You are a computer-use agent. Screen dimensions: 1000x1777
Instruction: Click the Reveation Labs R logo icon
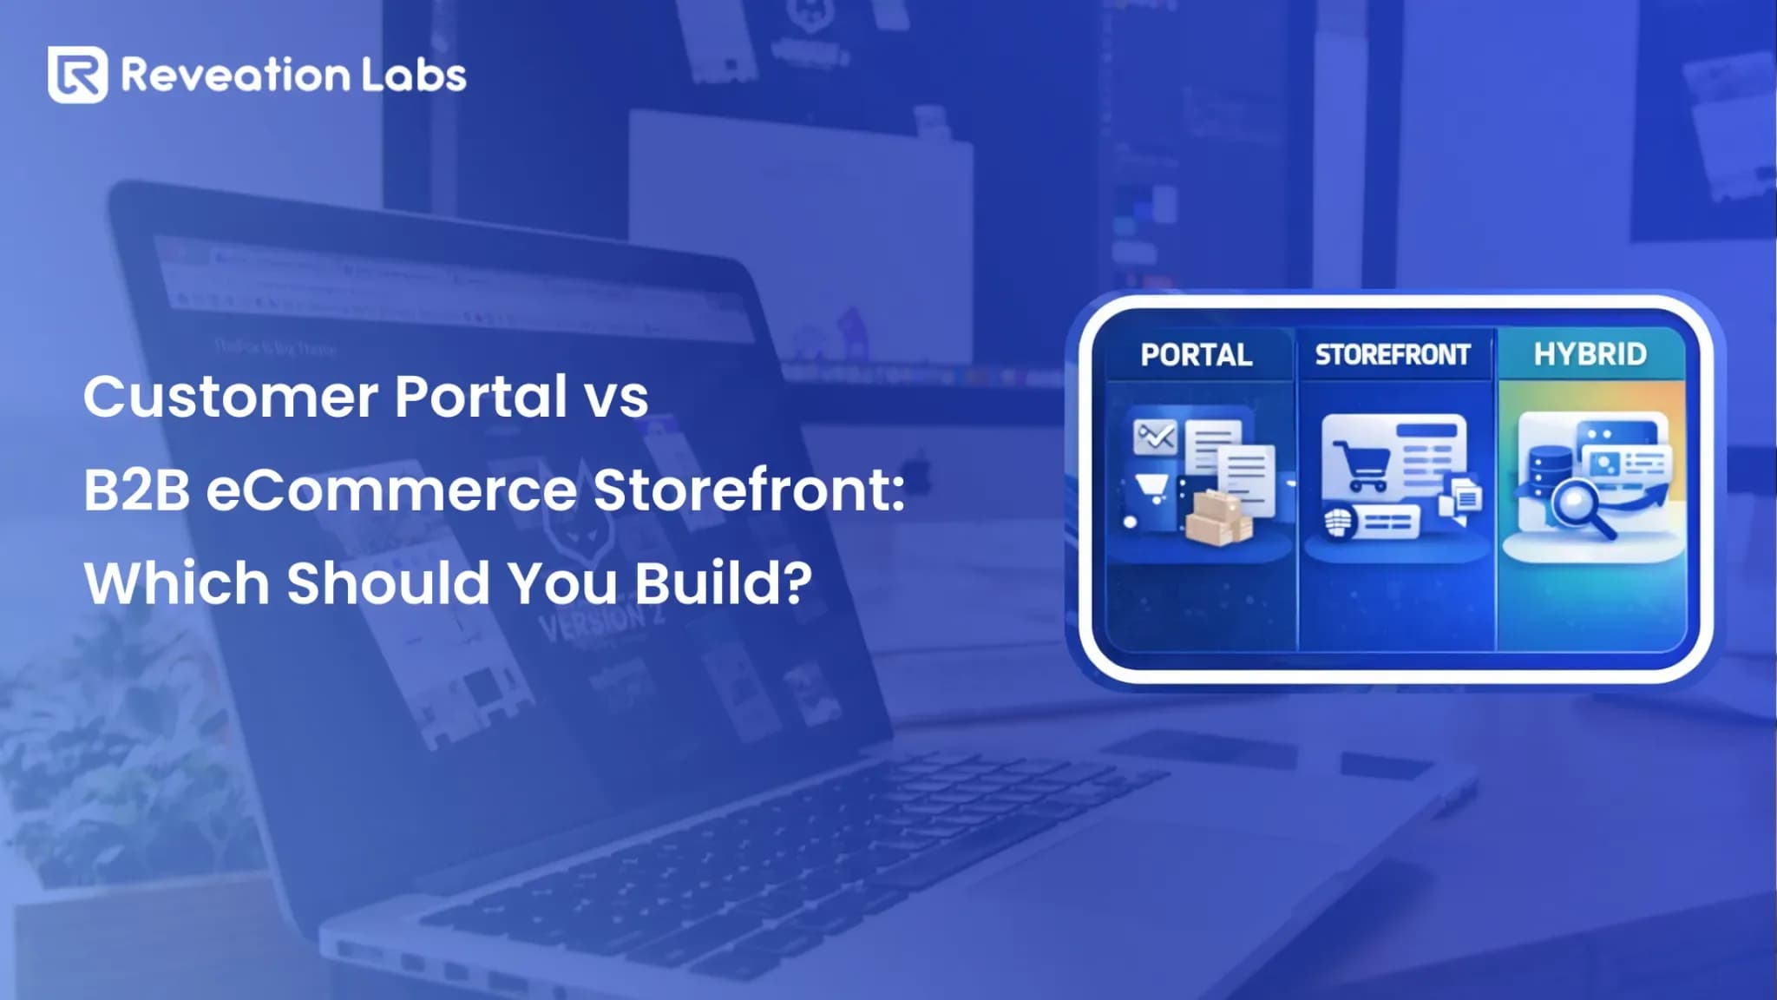click(78, 75)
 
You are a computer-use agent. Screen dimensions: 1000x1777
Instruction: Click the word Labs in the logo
click(414, 76)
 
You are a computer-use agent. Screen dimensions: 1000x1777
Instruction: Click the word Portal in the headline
click(481, 397)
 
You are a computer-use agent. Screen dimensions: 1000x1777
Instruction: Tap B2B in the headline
click(136, 490)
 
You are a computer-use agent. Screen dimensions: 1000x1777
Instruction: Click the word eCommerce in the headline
click(391, 490)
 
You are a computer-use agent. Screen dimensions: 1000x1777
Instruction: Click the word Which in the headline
click(177, 582)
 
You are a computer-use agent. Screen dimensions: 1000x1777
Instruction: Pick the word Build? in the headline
click(724, 582)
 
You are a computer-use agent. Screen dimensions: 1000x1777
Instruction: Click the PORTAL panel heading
click(1196, 355)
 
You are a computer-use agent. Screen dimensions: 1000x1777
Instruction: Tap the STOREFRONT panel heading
click(1393, 355)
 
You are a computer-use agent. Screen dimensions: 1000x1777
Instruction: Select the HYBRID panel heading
click(1590, 354)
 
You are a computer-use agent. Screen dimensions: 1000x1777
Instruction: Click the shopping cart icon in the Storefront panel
click(1358, 465)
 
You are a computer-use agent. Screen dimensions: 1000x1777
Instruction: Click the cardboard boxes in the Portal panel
click(1218, 518)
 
